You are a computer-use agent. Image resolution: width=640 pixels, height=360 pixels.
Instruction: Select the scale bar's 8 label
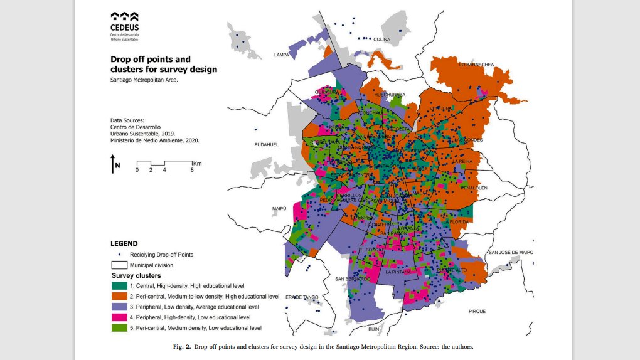coord(192,170)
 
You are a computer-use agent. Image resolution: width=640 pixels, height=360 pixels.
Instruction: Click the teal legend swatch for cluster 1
coord(120,285)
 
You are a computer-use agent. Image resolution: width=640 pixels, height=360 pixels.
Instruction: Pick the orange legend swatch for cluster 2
coord(120,296)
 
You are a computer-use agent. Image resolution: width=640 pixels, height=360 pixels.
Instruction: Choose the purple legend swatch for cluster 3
coord(120,307)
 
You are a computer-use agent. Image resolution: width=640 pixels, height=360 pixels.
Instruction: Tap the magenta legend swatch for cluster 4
coord(120,317)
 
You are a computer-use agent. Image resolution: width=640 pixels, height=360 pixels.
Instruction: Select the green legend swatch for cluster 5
coord(120,327)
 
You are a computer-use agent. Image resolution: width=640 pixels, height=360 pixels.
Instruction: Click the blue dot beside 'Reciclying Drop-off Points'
coord(120,255)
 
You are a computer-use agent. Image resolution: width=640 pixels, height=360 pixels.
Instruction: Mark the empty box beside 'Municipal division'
coord(120,265)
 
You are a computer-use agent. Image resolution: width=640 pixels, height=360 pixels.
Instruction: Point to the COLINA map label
coord(381,40)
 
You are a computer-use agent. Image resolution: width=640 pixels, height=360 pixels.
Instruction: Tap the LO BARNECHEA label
coord(476,65)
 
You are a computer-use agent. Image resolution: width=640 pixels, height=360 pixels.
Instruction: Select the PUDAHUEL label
coord(267,144)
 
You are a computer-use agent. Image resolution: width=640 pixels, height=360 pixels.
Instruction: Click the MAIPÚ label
coord(279,209)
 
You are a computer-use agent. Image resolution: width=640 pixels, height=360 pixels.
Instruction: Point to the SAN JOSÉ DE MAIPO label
coord(511,252)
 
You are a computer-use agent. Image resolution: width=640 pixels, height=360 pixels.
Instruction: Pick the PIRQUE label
coord(477,311)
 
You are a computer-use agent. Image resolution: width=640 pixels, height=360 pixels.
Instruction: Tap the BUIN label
coord(375,329)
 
